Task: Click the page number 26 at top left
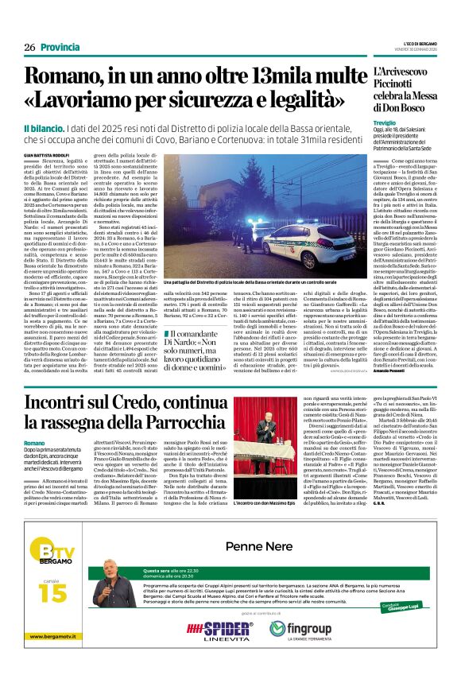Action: pos(29,48)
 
